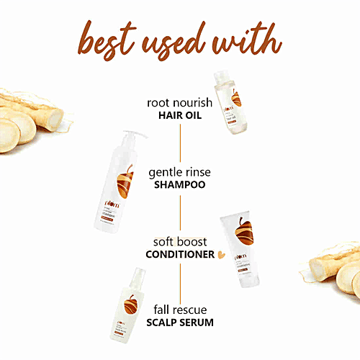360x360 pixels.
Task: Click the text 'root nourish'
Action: [x=179, y=102]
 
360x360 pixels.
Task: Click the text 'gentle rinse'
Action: [x=180, y=173]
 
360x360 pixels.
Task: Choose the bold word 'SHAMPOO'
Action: [x=180, y=185]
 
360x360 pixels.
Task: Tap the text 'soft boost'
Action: [x=180, y=241]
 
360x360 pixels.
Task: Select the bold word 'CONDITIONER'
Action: [x=180, y=254]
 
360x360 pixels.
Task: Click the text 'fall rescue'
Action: [x=180, y=310]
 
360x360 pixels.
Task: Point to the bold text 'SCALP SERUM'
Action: [x=180, y=323]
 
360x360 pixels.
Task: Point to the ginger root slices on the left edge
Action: [x=29, y=127]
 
